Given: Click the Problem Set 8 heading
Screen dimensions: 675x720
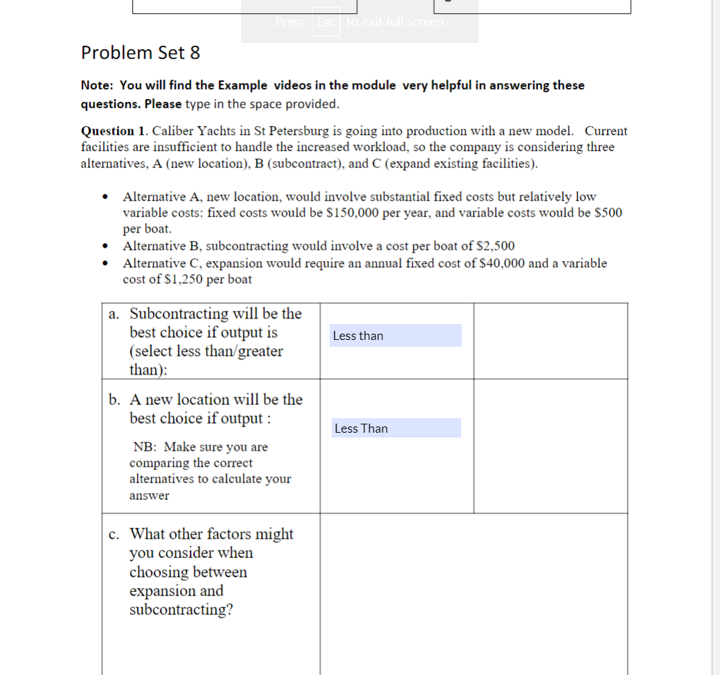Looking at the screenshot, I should (141, 53).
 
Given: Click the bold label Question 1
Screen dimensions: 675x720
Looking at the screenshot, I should (114, 131).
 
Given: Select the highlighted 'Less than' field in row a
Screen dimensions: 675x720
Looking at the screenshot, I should (395, 336).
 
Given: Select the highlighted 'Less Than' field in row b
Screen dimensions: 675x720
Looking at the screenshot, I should (395, 429).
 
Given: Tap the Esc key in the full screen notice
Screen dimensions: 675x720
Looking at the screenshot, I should (326, 22).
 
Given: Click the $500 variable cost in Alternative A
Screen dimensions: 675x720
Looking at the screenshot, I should (609, 213).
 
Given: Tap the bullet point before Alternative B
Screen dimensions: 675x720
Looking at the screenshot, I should (105, 246).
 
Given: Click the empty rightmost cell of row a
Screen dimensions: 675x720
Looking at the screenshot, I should (550, 341).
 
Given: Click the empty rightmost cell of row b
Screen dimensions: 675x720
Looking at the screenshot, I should (550, 446).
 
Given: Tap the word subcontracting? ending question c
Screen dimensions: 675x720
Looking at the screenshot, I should (181, 610).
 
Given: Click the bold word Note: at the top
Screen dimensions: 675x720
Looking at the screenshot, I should (98, 85).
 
